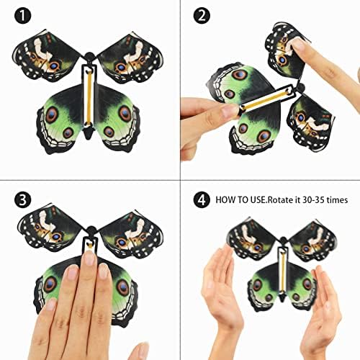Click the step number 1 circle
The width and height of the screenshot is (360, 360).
pos(23,15)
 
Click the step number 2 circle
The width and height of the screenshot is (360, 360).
pos(202,15)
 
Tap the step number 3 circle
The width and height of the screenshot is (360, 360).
pos(23,199)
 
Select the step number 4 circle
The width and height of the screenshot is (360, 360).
pos(202,199)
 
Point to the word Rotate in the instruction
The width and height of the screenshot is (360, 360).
pos(281,199)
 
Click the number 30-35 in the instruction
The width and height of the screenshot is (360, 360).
pos(315,199)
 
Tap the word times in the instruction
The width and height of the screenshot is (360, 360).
pos(338,199)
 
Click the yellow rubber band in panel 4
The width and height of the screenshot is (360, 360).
pos(284,271)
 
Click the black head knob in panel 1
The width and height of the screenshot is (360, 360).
pos(89,57)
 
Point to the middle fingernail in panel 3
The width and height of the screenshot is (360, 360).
pos(89,258)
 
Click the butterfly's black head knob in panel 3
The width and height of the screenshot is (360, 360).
pos(91,231)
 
